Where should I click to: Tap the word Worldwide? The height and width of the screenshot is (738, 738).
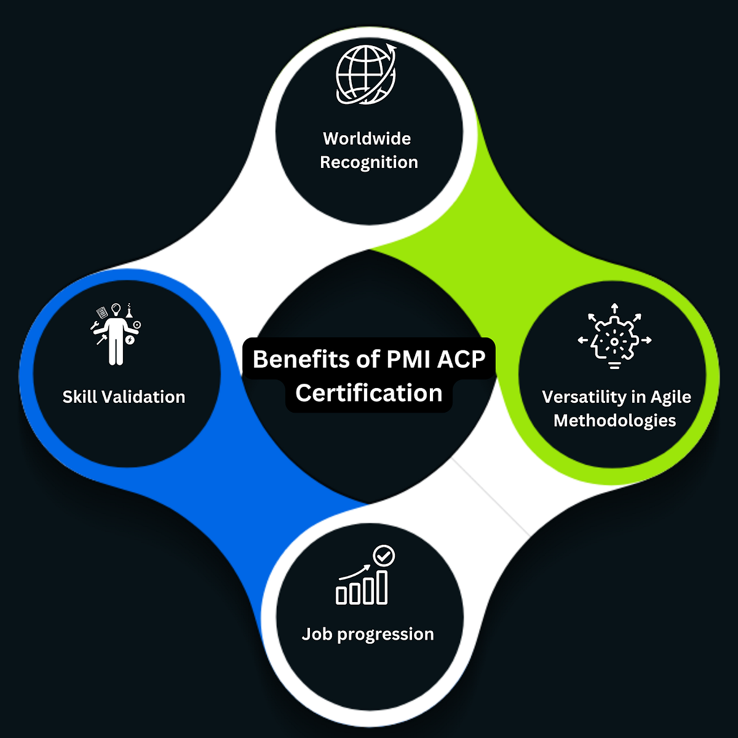(367, 138)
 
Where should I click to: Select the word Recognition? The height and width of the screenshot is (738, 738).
(369, 162)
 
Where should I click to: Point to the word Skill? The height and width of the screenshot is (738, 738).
(80, 397)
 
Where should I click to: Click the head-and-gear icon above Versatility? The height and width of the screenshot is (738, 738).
(614, 337)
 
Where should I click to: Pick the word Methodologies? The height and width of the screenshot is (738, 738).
(615, 421)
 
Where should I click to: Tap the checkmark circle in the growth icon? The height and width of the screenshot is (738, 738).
(384, 556)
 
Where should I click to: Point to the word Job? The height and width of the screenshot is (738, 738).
(317, 634)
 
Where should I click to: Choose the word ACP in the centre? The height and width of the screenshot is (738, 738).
(461, 359)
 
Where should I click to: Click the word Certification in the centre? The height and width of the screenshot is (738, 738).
(369, 393)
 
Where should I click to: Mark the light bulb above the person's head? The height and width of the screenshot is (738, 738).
(115, 309)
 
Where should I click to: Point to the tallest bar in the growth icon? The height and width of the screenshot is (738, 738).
(382, 587)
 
